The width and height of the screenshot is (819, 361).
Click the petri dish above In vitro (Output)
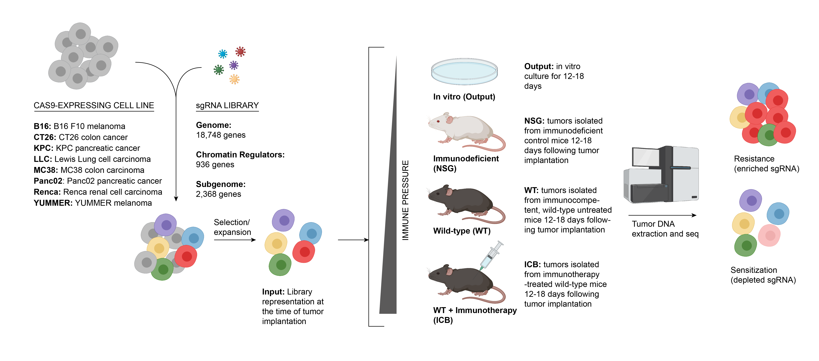(464, 72)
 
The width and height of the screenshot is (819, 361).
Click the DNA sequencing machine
(661, 175)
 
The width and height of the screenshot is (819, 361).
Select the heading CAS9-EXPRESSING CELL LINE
(94, 106)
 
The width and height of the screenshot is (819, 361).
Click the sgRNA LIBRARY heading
(227, 106)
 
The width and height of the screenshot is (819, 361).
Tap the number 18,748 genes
(221, 135)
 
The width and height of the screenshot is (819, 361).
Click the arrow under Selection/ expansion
(235, 240)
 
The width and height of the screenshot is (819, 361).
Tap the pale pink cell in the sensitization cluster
(769, 235)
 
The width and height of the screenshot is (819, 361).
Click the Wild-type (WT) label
(462, 231)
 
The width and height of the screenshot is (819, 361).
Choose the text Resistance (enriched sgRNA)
(766, 164)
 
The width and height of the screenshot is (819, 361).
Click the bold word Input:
(273, 292)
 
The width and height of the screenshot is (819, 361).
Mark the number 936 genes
(215, 165)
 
